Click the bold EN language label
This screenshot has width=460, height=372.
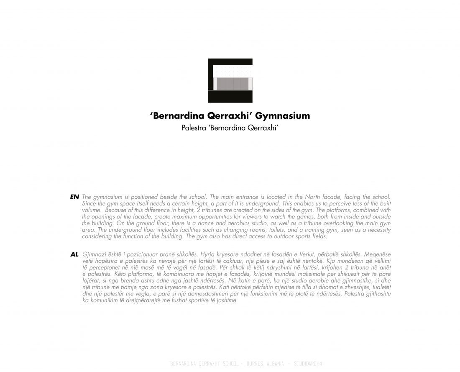(74, 197)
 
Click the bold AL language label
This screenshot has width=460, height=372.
(74, 254)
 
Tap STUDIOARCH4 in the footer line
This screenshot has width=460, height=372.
(309, 363)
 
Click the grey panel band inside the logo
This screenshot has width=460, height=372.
(230, 84)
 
